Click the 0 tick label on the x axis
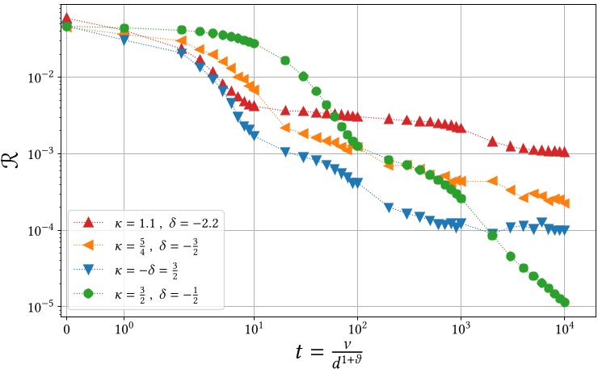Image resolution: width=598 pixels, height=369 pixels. tap(66, 329)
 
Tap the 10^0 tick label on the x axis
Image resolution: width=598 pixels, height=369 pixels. tap(124, 329)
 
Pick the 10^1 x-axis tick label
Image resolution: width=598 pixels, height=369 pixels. tap(255, 329)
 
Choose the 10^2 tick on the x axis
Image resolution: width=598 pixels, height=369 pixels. tap(358, 329)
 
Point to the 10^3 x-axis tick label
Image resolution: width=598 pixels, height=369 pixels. tap(461, 329)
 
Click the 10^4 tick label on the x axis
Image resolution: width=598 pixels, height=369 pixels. tap(565, 329)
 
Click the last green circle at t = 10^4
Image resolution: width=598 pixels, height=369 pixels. tap(564, 302)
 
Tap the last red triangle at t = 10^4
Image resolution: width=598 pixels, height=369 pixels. tap(564, 152)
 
